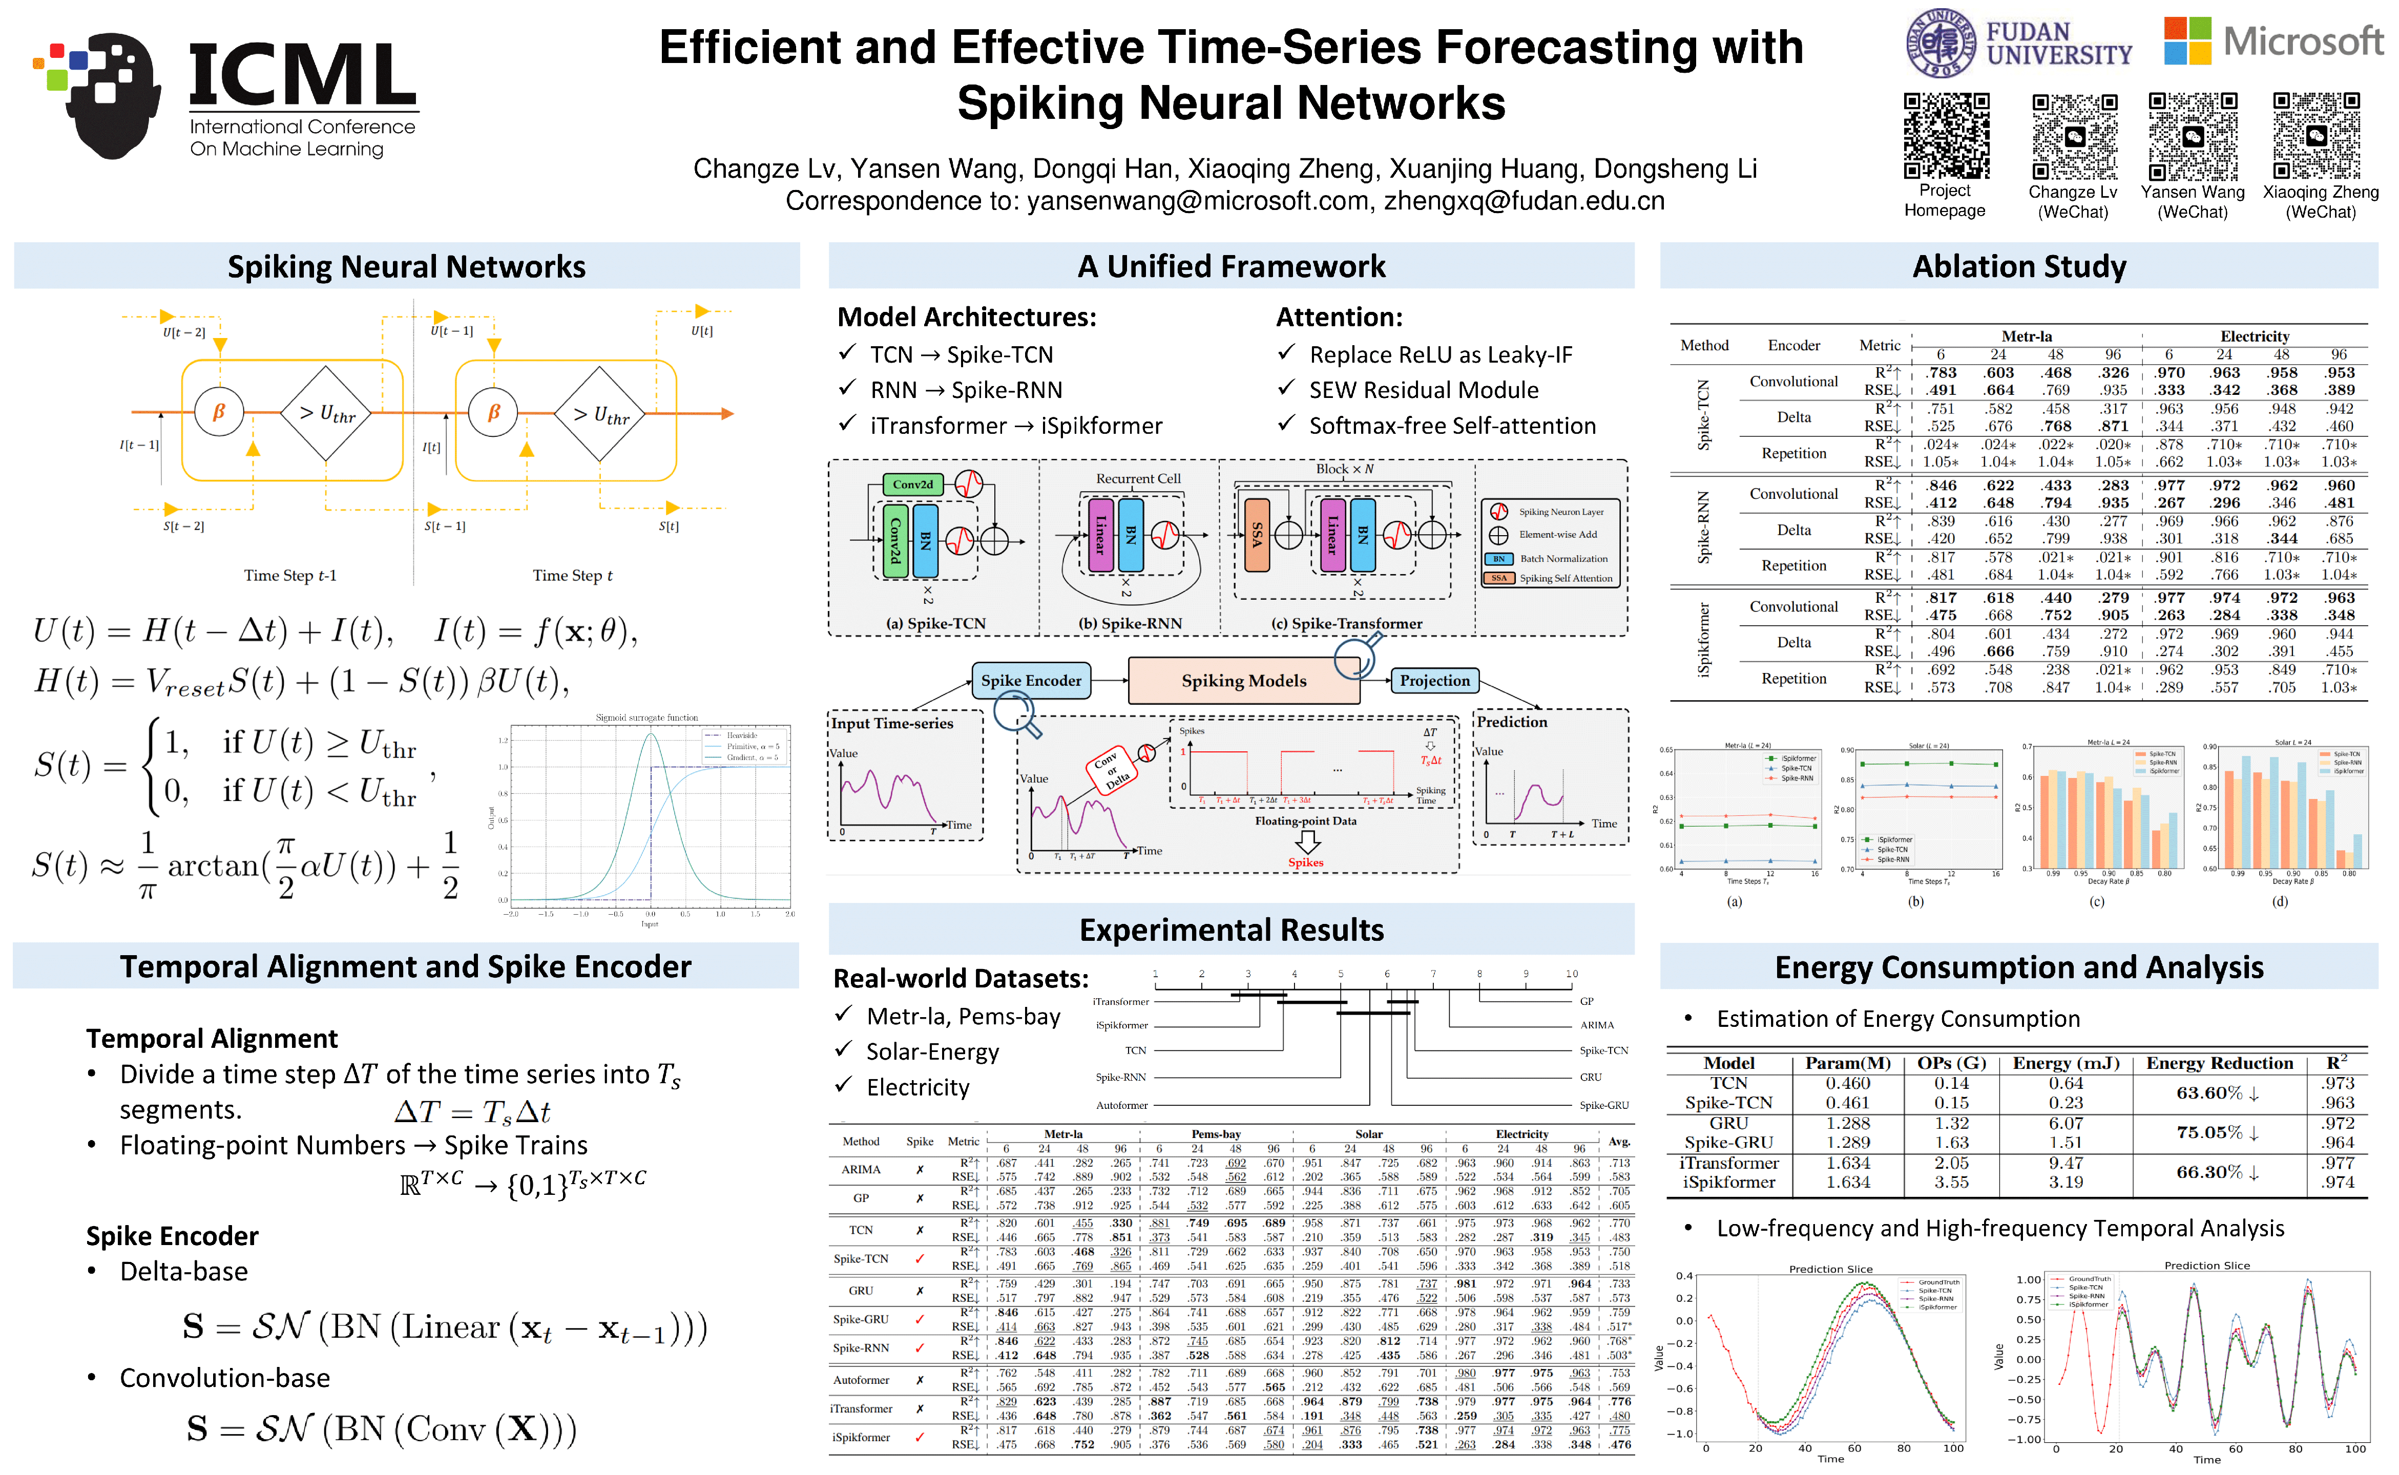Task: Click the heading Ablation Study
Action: click(2018, 266)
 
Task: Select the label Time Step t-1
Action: click(290, 576)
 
